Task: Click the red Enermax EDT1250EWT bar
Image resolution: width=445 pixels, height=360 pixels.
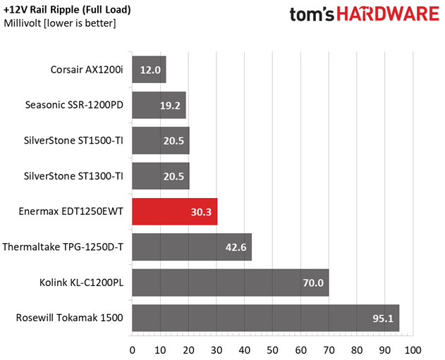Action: pyautogui.click(x=174, y=211)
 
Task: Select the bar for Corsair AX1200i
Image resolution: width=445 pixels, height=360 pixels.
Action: pyautogui.click(x=149, y=70)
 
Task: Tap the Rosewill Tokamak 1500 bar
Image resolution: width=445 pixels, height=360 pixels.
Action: pyautogui.click(x=265, y=318)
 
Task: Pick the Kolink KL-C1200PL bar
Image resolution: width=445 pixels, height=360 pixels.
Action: pyautogui.click(x=230, y=283)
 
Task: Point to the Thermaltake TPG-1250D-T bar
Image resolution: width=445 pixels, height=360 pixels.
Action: pyautogui.click(x=191, y=247)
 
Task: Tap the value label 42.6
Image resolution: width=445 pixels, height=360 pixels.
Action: pyautogui.click(x=237, y=247)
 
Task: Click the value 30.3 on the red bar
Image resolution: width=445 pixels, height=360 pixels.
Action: pyautogui.click(x=202, y=211)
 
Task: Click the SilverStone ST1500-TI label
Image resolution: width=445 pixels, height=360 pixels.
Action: pyautogui.click(x=74, y=140)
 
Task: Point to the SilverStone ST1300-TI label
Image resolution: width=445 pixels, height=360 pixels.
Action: pyautogui.click(x=74, y=176)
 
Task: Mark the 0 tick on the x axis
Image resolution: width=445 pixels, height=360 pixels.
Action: pyautogui.click(x=132, y=349)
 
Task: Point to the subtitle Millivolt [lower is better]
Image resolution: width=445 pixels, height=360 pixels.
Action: pyautogui.click(x=60, y=23)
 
